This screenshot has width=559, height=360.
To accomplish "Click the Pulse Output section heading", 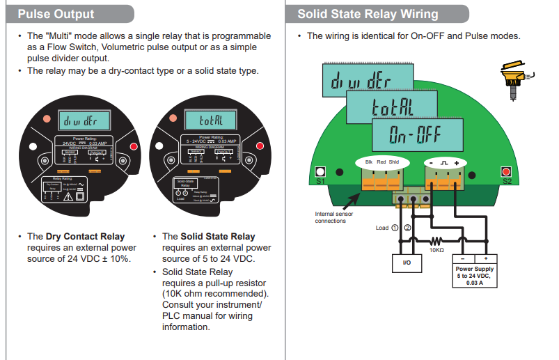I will coord(56,14).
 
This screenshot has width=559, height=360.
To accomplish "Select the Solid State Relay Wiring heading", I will coord(368,14).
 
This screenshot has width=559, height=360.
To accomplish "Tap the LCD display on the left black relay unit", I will coord(83,120).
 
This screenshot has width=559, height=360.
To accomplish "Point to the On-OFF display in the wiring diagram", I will coord(418,134).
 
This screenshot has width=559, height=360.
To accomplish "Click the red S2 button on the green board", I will coord(506,171).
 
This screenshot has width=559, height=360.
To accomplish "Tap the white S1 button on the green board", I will coord(320,171).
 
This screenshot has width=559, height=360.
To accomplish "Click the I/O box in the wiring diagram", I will coord(407,263).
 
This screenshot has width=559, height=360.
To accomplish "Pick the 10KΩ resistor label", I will coord(436,249).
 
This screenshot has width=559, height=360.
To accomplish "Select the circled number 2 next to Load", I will coord(408,228).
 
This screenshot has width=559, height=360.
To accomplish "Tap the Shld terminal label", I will coord(394,162).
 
